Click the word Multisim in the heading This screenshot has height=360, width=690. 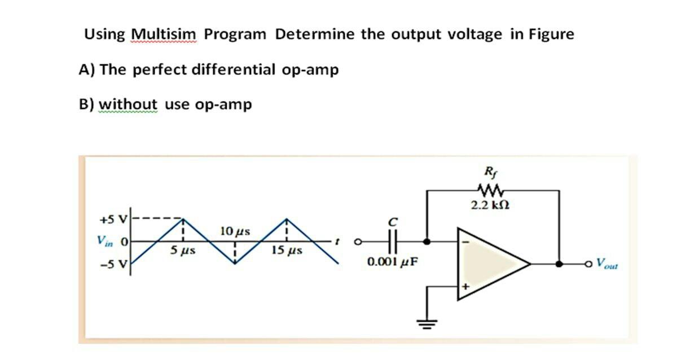tap(164, 35)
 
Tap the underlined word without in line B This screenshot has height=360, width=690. tap(128, 105)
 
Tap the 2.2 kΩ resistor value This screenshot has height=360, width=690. tap(487, 206)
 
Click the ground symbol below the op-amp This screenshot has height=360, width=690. tap(427, 323)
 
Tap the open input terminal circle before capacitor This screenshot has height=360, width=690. tap(357, 242)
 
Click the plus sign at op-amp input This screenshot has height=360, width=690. tap(466, 287)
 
